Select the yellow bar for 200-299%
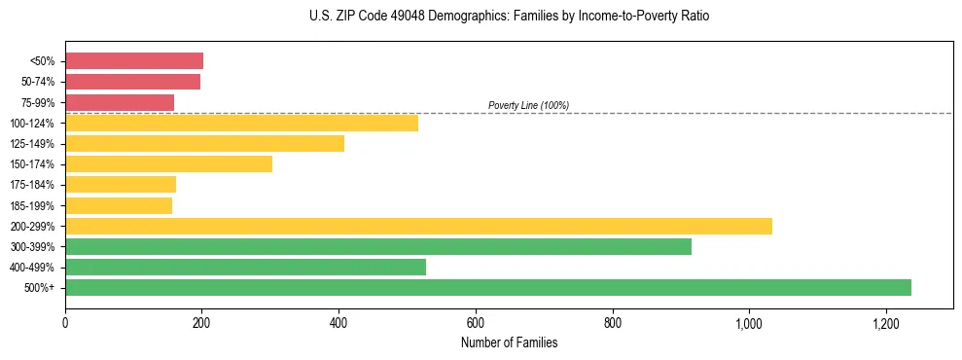pos(418,226)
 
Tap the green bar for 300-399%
pos(378,246)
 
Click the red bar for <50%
pos(134,61)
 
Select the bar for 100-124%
pos(241,123)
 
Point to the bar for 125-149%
pos(204,144)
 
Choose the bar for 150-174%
pos(168,164)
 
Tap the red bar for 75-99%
pos(120,102)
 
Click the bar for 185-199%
pos(119,205)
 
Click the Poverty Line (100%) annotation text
pos(528,105)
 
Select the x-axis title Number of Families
pos(509,342)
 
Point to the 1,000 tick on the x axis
pos(749,323)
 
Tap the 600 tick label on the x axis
pos(476,323)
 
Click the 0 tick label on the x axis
pos(65,323)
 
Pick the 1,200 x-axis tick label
pos(885,323)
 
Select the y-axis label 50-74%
pos(38,82)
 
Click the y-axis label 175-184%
pos(33,185)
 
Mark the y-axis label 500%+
pos(40,288)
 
